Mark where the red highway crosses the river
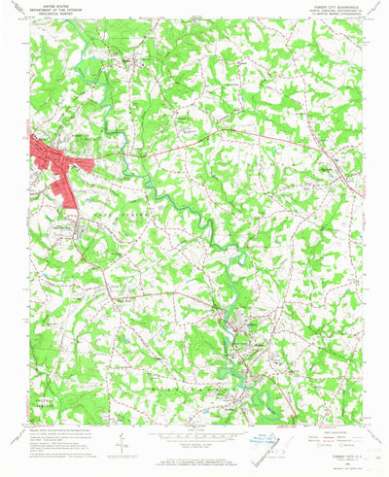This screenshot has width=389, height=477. tap(142, 151)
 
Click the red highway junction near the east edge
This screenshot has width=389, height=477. tap(321, 147)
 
